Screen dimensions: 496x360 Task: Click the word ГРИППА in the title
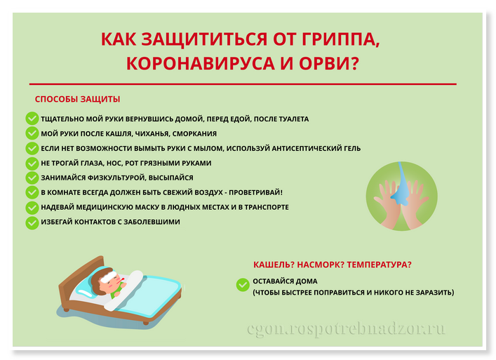[340, 40]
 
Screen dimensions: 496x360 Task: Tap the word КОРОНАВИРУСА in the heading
[201, 63]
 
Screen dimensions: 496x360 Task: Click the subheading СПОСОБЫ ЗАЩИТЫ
[77, 99]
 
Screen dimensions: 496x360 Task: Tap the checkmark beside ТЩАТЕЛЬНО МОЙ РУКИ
[32, 119]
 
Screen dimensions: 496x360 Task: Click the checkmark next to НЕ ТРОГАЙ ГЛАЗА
[32, 163]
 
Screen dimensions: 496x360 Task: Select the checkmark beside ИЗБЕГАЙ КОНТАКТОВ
[32, 222]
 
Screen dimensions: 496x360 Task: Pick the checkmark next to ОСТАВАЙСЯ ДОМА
[243, 284]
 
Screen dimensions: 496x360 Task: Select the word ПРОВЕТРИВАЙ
[255, 192]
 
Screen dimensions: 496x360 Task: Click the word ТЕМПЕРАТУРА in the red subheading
[380, 265]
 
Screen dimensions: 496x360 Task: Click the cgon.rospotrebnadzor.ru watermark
[346, 330]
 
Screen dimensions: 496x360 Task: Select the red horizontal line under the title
[243, 84]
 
